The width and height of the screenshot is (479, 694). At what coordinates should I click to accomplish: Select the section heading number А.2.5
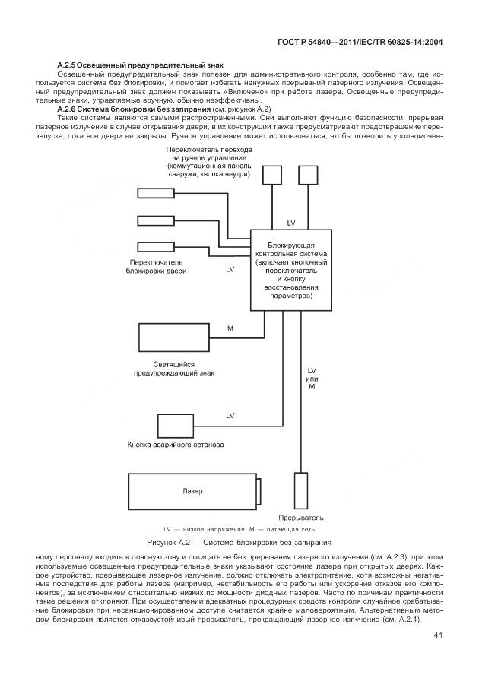point(70,67)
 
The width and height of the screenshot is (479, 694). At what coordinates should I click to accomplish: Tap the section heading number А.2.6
point(70,109)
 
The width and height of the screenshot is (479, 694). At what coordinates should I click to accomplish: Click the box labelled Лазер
point(194,491)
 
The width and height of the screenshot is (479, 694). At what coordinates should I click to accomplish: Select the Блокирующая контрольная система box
point(290,270)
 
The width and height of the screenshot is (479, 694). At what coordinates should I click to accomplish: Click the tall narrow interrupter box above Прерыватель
point(300,490)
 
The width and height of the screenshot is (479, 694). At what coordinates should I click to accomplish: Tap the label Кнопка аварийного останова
point(175,444)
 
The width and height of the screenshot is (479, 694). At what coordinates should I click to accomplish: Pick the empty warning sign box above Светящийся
point(174,337)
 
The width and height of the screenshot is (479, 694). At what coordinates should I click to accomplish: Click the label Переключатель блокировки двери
point(156,265)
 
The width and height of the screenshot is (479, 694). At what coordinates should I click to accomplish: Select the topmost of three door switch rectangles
point(155,193)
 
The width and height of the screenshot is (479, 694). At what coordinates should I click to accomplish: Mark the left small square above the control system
point(271,176)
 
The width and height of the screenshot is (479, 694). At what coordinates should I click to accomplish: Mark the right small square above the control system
point(307,176)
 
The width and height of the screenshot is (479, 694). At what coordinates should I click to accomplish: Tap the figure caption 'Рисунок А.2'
point(239,543)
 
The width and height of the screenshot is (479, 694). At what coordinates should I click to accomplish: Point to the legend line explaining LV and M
point(239,528)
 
